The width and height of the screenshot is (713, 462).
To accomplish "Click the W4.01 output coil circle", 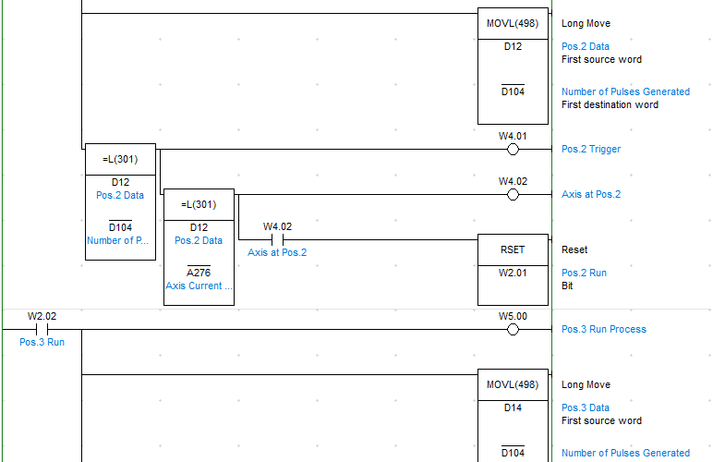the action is (x=513, y=149).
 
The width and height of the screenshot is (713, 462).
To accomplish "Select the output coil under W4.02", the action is (x=513, y=195).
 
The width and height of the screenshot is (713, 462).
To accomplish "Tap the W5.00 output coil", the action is (x=513, y=330).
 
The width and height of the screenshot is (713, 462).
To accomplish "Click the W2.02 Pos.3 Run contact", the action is (x=42, y=330).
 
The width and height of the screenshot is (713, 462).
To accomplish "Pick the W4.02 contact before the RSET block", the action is (x=277, y=239).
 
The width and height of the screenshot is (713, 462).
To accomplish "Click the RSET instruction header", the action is (x=513, y=249).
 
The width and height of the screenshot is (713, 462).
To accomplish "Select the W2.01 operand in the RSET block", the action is (x=513, y=273).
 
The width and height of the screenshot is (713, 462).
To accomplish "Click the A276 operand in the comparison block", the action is (x=199, y=273).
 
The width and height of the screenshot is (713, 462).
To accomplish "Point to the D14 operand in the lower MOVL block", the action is (x=513, y=407).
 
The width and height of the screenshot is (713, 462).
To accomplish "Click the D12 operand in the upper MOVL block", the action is (x=513, y=46).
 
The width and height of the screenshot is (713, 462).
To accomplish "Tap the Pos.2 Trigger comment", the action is (x=591, y=149).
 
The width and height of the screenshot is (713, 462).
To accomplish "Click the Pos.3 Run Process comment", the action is (x=603, y=329).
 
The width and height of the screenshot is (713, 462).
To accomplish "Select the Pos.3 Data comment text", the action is (x=586, y=407).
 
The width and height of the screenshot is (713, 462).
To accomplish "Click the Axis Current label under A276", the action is (x=199, y=286).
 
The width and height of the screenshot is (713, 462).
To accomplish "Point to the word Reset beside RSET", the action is (x=574, y=249).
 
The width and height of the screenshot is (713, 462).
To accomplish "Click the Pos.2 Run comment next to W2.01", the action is (x=584, y=273).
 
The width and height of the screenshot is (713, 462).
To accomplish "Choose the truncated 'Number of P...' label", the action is (x=118, y=240).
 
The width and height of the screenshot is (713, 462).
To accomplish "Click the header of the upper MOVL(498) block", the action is (x=513, y=23).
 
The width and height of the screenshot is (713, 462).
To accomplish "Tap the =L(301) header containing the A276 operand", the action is (x=199, y=204).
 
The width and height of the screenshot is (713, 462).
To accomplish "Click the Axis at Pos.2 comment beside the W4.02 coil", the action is (x=591, y=195).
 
